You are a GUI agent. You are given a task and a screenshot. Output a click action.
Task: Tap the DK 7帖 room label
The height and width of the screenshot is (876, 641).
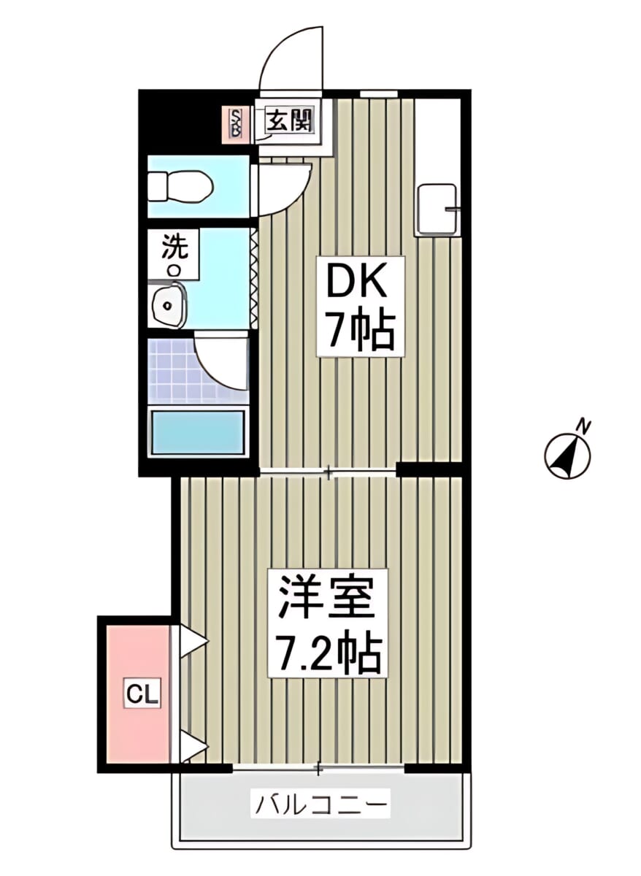pyautogui.click(x=360, y=306)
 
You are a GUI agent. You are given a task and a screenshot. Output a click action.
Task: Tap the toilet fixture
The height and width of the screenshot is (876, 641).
pyautogui.click(x=181, y=187)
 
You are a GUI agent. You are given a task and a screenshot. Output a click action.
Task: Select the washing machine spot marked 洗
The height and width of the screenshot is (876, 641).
pyautogui.click(x=174, y=254)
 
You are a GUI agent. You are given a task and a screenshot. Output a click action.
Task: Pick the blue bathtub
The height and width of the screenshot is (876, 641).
pyautogui.click(x=198, y=432)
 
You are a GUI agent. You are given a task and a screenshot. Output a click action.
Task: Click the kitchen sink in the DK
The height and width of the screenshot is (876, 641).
pyautogui.click(x=437, y=210)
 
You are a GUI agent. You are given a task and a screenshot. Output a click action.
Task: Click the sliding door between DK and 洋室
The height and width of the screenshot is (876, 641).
pyautogui.click(x=328, y=474)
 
